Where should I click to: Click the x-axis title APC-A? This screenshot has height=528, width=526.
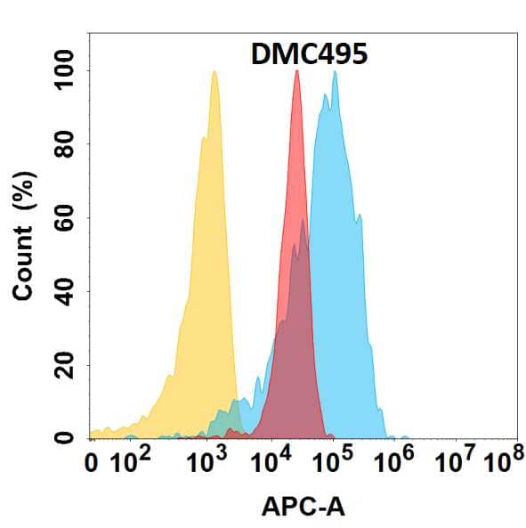303,507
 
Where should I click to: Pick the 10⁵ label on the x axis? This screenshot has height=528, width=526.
332,462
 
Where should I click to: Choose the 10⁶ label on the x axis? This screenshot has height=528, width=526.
394,462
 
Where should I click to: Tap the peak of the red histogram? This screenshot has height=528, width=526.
296,71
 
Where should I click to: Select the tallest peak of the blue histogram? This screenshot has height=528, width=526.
335,71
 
